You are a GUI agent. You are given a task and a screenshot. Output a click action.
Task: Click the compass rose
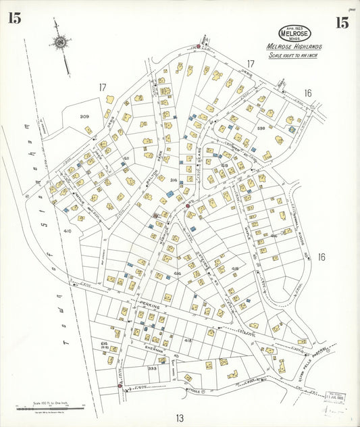point(61,44)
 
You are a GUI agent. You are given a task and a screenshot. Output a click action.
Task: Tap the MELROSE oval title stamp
point(294,33)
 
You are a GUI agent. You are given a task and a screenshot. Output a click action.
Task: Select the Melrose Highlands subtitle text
point(294,47)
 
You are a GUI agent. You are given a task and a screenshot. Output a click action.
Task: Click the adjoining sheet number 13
point(180,418)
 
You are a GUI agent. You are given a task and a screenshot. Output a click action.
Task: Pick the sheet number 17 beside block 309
point(103,86)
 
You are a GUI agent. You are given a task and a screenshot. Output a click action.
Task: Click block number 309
point(84,116)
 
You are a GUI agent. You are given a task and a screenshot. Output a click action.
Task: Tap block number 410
point(67,231)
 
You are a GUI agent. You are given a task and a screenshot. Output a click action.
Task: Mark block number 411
point(126,159)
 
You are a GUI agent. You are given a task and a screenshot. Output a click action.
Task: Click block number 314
point(174,180)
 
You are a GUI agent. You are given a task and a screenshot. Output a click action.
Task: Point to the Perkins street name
point(149,306)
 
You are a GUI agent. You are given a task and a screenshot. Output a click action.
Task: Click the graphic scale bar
point(49,407)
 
